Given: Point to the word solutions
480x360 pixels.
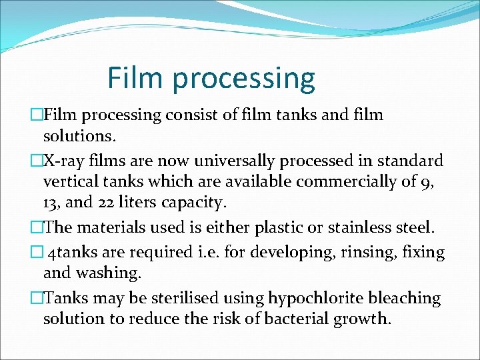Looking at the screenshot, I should [80, 137].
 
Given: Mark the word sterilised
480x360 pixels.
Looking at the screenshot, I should [193, 298].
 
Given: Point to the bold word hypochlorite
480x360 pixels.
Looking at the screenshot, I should [315, 298].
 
